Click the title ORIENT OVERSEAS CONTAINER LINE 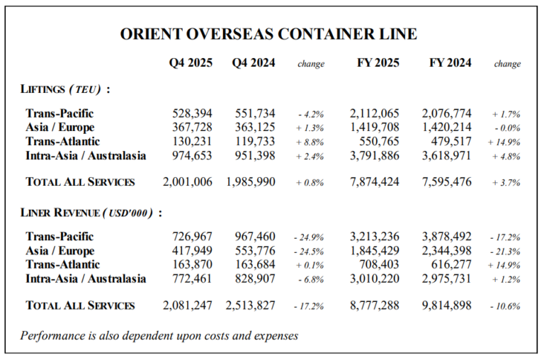268,34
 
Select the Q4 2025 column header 191,63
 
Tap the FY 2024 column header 450,63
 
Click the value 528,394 193,113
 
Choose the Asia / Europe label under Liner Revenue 59,250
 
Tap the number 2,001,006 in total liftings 187,182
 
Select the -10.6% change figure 505,306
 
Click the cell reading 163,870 193,264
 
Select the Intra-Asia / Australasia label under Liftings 86,156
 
